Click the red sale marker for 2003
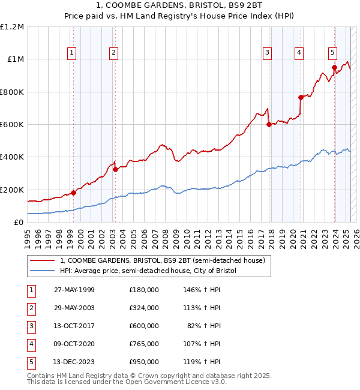tap(115, 169)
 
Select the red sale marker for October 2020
tap(300, 97)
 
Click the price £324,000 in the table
tap(144, 308)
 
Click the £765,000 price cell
tap(144, 344)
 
